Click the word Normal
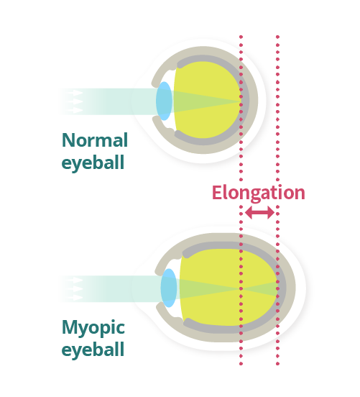(95, 140)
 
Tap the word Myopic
(93, 328)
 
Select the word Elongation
(259, 193)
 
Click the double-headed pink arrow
(259, 212)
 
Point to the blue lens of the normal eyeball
(164, 101)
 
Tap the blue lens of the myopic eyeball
(169, 288)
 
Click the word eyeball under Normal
(93, 163)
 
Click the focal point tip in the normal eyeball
(240, 101)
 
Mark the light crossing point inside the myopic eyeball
(241, 288)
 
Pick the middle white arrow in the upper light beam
(75, 101)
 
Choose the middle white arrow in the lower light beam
(75, 288)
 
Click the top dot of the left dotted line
(241, 37)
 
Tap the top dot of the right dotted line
(277, 37)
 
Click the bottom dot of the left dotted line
(241, 364)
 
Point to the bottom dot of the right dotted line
(277, 364)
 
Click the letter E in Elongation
(217, 193)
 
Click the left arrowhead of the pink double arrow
(249, 212)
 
